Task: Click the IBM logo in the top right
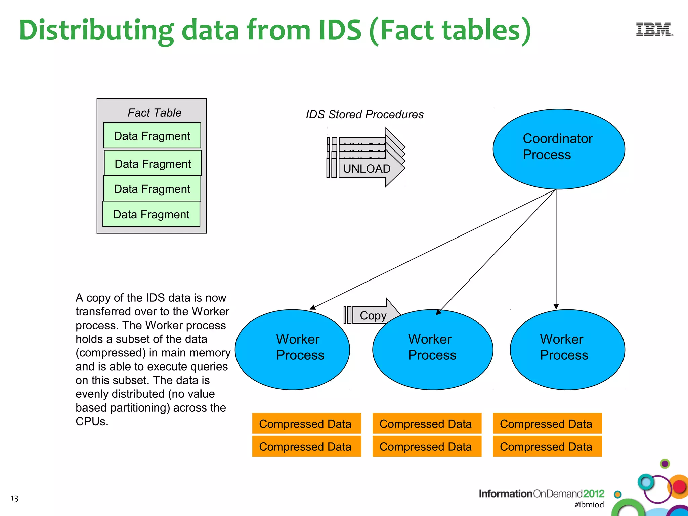pyautogui.click(x=654, y=30)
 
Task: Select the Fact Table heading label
pyautogui.click(x=155, y=113)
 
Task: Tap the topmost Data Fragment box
pyautogui.click(x=152, y=136)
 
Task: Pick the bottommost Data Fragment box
pyautogui.click(x=151, y=214)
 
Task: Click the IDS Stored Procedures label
pyautogui.click(x=364, y=114)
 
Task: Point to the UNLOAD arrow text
pyautogui.click(x=367, y=169)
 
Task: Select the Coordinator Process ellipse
pyautogui.click(x=558, y=149)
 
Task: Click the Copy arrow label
pyautogui.click(x=373, y=316)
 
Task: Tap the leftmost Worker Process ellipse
pyautogui.click(x=292, y=349)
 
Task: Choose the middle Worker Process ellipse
pyautogui.click(x=433, y=349)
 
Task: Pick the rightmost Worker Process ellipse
pyautogui.click(x=567, y=349)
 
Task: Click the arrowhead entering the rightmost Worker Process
pyautogui.click(x=556, y=306)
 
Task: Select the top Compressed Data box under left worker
pyautogui.click(x=306, y=424)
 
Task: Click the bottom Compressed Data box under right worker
pyautogui.click(x=547, y=446)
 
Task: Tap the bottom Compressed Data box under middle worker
pyautogui.click(x=427, y=446)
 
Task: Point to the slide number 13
pyautogui.click(x=14, y=498)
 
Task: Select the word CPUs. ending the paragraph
pyautogui.click(x=92, y=421)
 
